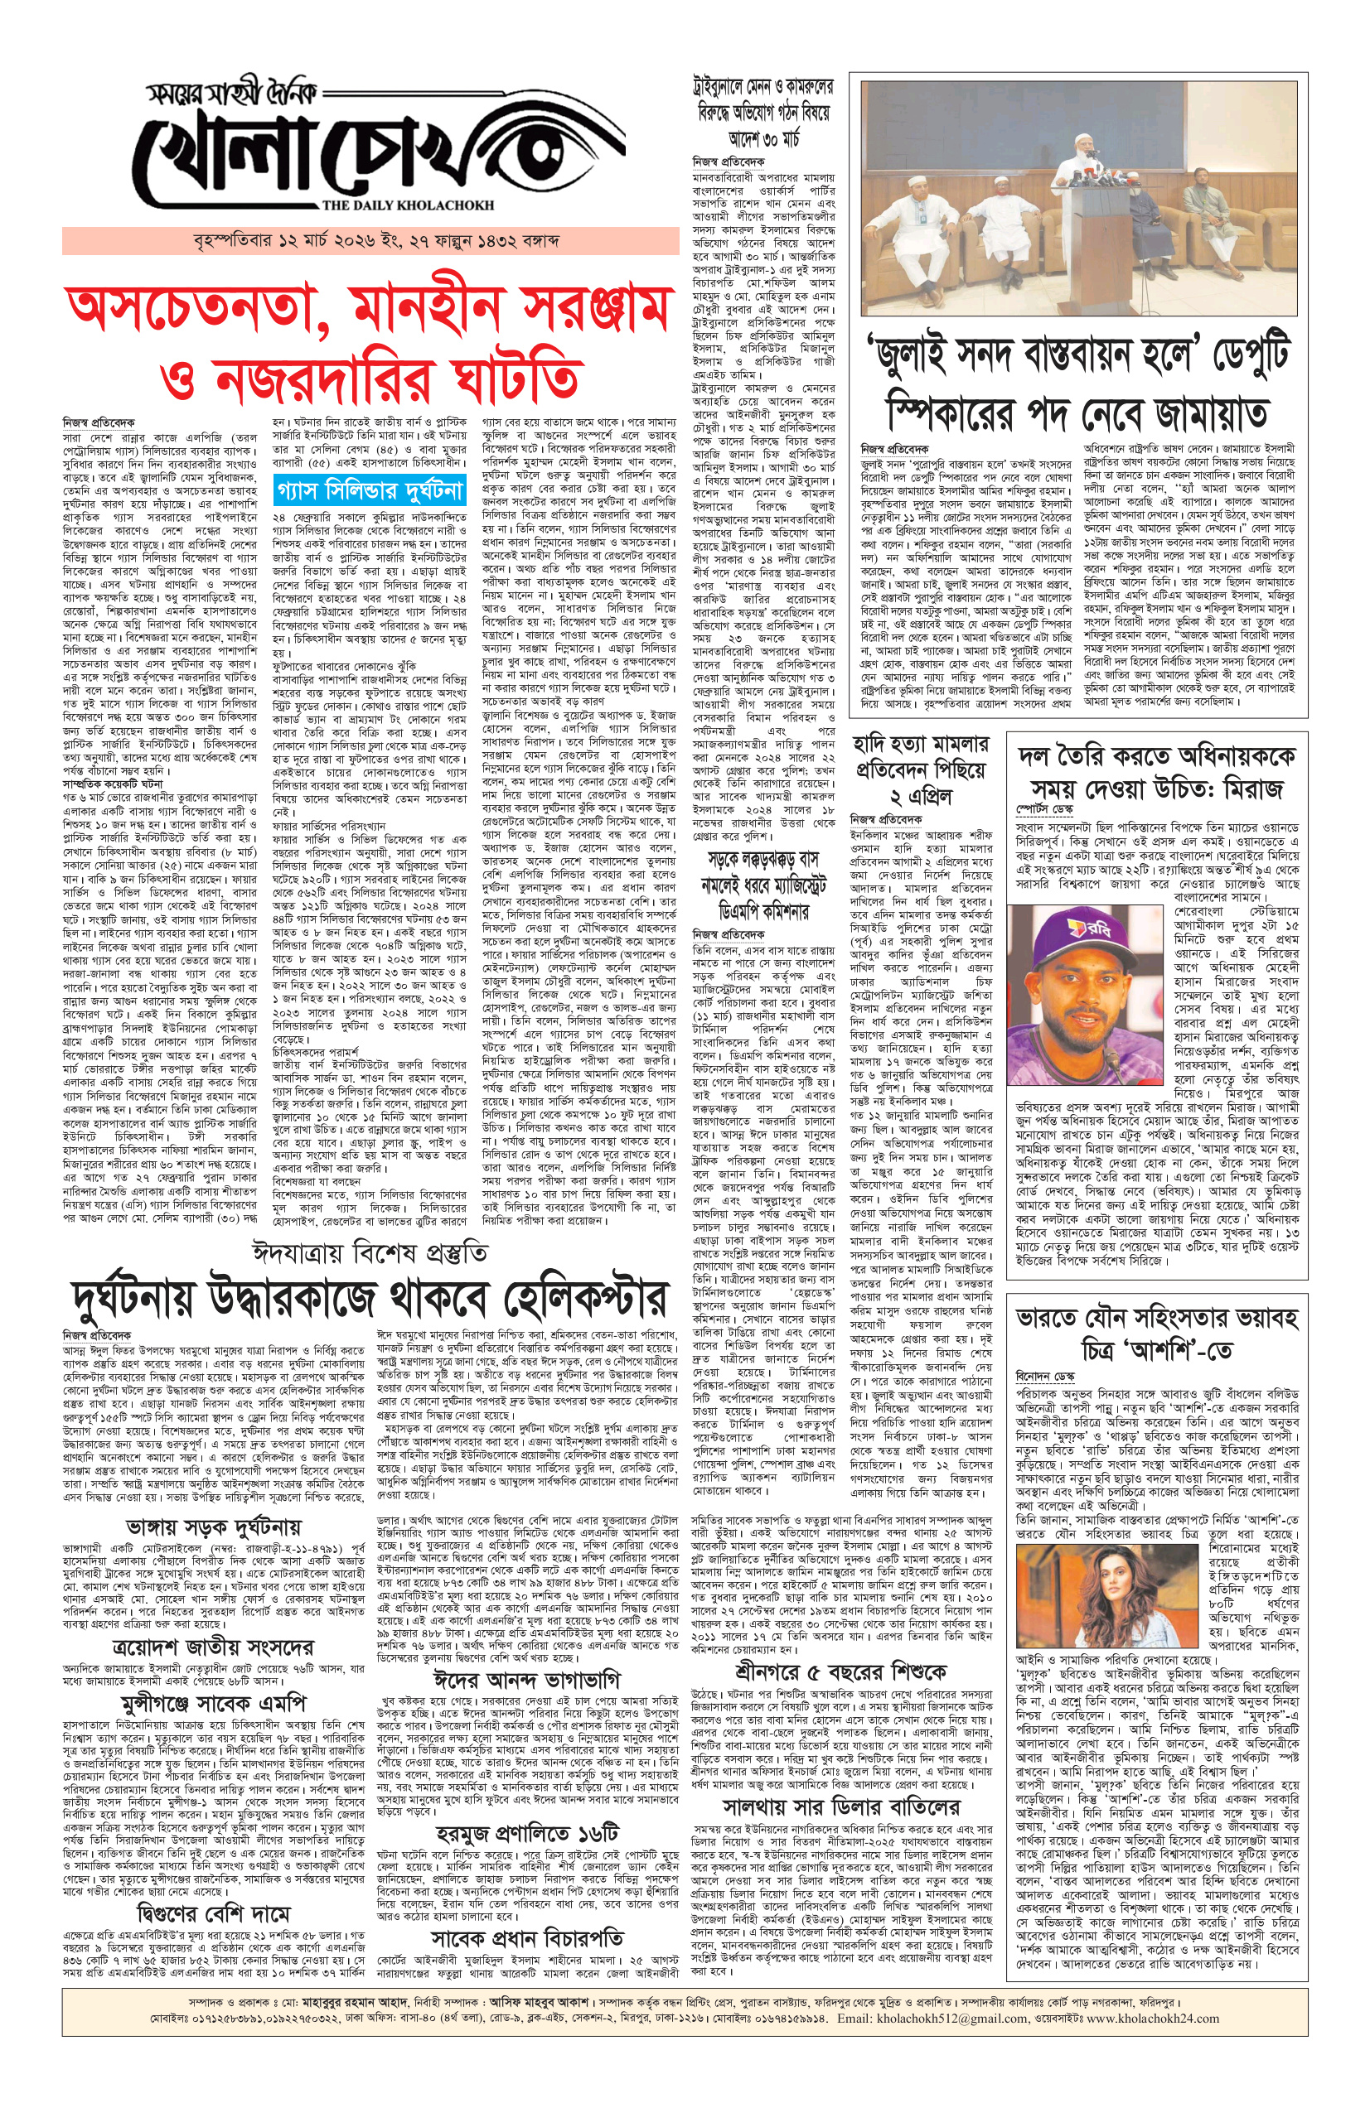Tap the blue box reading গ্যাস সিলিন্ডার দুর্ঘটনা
coord(370,489)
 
